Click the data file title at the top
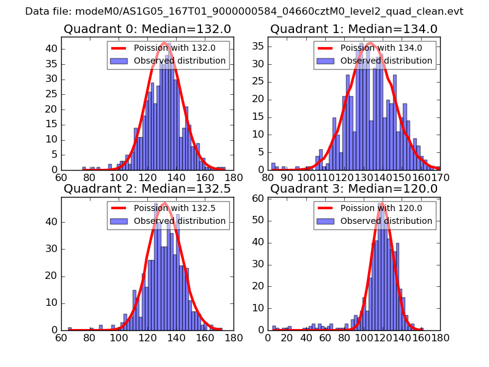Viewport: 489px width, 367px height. [x=244, y=11]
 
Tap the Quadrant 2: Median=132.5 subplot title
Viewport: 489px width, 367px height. [x=147, y=188]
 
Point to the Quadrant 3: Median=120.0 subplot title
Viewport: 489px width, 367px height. [x=354, y=188]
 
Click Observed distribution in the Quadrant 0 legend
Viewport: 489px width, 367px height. [x=180, y=61]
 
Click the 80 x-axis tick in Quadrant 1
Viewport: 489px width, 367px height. [x=268, y=178]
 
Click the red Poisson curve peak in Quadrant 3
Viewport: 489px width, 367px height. [x=382, y=204]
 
